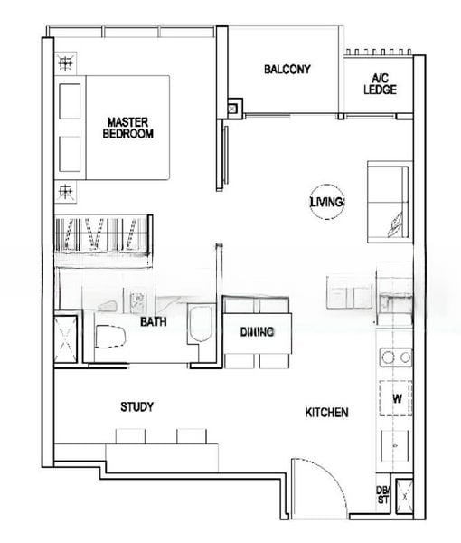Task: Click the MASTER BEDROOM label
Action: pos(130,127)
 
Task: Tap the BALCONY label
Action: pos(287,69)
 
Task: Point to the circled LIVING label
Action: pos(326,203)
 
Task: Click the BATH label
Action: pos(152,321)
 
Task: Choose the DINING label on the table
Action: pos(257,333)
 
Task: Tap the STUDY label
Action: pos(136,407)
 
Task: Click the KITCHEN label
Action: pos(326,413)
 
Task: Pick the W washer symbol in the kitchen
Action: pos(396,398)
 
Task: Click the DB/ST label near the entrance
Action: pos(381,496)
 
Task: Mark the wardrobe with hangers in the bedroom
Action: pos(102,236)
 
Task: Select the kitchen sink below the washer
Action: pos(396,446)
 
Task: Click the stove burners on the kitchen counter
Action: pos(396,357)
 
